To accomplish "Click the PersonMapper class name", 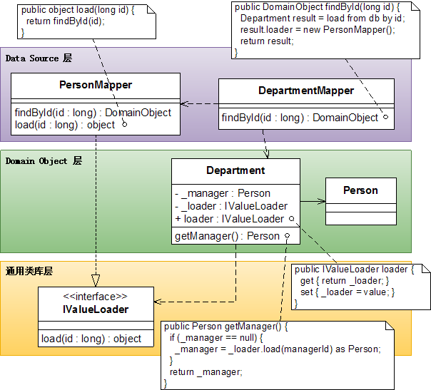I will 96,86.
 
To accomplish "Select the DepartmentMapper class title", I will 305,91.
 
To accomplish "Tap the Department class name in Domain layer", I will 235,170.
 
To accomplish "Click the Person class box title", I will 360,190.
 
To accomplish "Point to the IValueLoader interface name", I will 95,309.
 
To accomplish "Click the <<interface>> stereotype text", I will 95,297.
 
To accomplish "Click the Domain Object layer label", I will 44,160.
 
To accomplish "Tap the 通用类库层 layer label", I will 29,271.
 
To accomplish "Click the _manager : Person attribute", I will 222,193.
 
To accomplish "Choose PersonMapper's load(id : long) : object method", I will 64,125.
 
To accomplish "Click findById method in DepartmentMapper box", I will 300,118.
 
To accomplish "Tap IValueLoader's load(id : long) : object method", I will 91,339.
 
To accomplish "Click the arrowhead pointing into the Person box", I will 322,201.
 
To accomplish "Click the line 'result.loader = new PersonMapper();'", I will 317,29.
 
